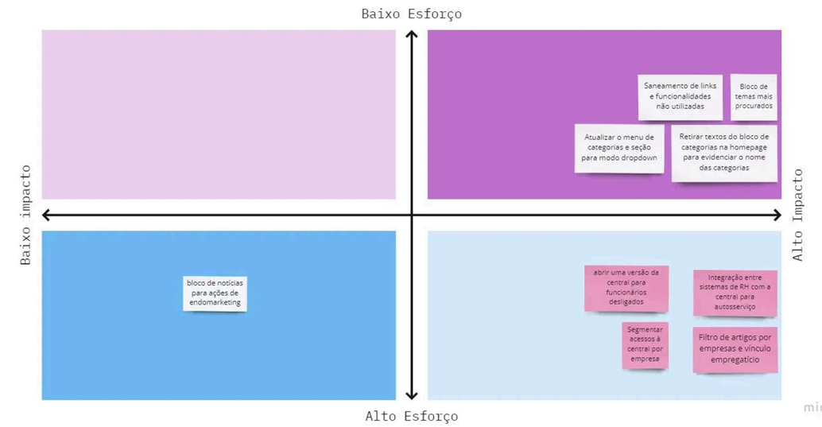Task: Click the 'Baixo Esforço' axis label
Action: point(412,14)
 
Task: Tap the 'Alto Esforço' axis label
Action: point(412,417)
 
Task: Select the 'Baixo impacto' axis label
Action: point(25,215)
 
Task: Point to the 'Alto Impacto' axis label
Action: point(797,215)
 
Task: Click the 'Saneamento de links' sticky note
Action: point(680,97)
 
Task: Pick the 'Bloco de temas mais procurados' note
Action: point(754,97)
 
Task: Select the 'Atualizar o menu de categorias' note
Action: point(619,149)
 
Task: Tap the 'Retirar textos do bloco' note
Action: point(724,153)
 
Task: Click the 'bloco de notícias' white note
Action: point(215,293)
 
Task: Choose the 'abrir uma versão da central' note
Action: point(626,288)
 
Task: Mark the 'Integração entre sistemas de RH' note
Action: point(735,293)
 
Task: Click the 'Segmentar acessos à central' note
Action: point(645,345)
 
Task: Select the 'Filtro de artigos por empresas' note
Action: point(735,349)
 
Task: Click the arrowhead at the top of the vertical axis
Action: point(412,32)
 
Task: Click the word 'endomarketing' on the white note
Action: point(215,303)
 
